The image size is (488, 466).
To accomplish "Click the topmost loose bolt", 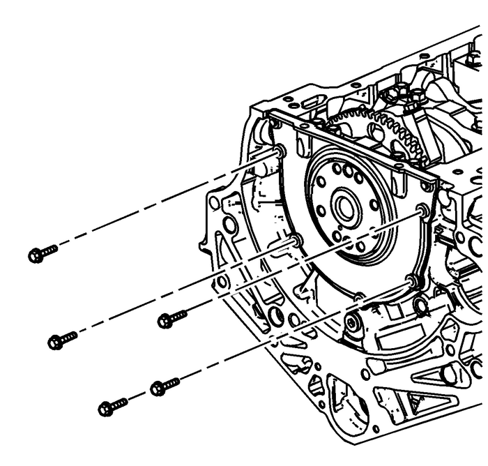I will (x=43, y=253).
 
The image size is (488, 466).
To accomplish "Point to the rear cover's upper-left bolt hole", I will (x=280, y=151).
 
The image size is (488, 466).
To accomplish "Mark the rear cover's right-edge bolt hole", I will (x=421, y=210).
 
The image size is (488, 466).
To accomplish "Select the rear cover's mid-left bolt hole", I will (x=296, y=241).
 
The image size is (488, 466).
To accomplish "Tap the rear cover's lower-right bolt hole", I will (x=413, y=281).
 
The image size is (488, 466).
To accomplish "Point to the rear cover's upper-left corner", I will (x=269, y=113).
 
